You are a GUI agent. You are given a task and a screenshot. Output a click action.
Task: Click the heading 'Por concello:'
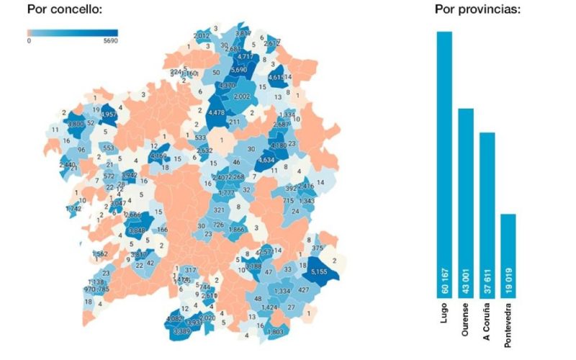[64, 10]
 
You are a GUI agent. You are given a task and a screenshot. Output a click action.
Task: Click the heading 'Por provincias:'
[477, 10]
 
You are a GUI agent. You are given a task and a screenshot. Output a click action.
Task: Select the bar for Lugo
[444, 166]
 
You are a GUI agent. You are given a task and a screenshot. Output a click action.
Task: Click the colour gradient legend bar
[72, 32]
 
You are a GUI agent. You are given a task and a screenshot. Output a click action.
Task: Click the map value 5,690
[239, 71]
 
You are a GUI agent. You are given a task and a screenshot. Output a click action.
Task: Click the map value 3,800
[76, 125]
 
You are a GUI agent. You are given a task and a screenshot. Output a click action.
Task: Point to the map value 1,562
[100, 254]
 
